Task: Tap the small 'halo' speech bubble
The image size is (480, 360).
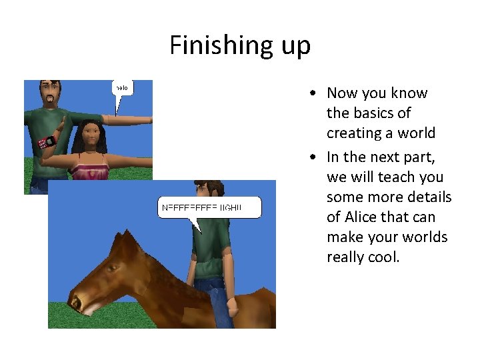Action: point(121,88)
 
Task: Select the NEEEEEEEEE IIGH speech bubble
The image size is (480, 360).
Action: point(209,208)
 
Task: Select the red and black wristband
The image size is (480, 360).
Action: point(47,142)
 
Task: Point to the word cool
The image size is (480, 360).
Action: point(383,257)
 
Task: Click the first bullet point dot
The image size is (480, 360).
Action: point(313,93)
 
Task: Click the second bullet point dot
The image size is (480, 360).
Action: point(313,157)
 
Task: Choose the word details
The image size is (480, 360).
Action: point(429,197)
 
